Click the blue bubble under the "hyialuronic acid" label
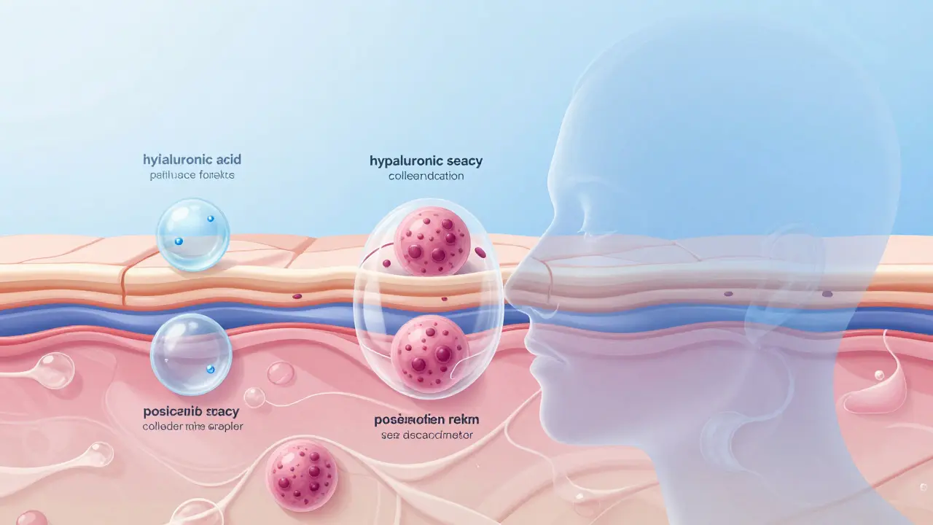pyautogui.click(x=193, y=235)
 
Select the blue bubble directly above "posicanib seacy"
pyautogui.click(x=191, y=354)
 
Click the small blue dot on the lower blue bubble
pyautogui.click(x=210, y=370)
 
